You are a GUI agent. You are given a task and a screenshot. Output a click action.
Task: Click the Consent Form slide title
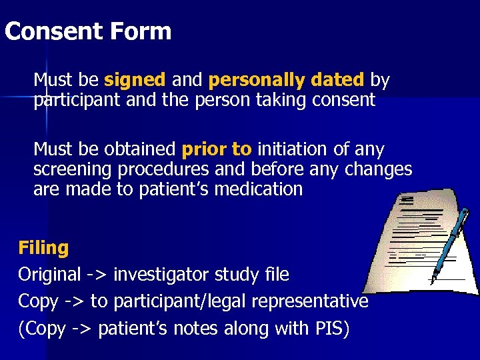click(x=87, y=31)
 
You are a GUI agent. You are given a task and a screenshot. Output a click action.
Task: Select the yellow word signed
click(x=135, y=81)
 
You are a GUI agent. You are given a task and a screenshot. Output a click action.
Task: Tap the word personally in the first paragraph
click(x=247, y=81)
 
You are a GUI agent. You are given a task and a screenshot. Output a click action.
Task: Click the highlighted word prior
click(x=201, y=149)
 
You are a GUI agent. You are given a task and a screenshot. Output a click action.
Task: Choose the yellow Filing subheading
click(x=43, y=248)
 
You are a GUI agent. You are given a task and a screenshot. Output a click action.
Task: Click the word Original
click(x=48, y=274)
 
